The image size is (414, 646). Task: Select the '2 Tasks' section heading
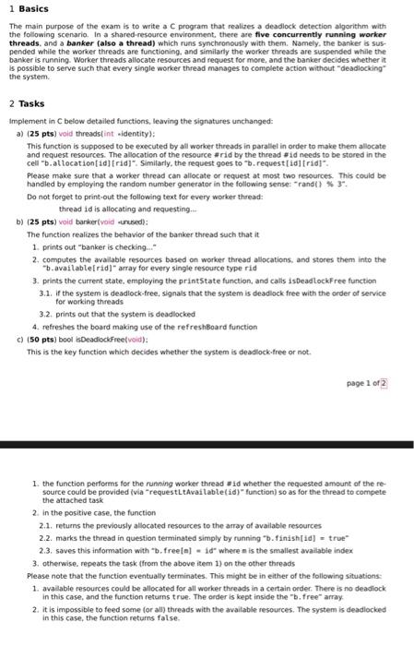25,104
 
